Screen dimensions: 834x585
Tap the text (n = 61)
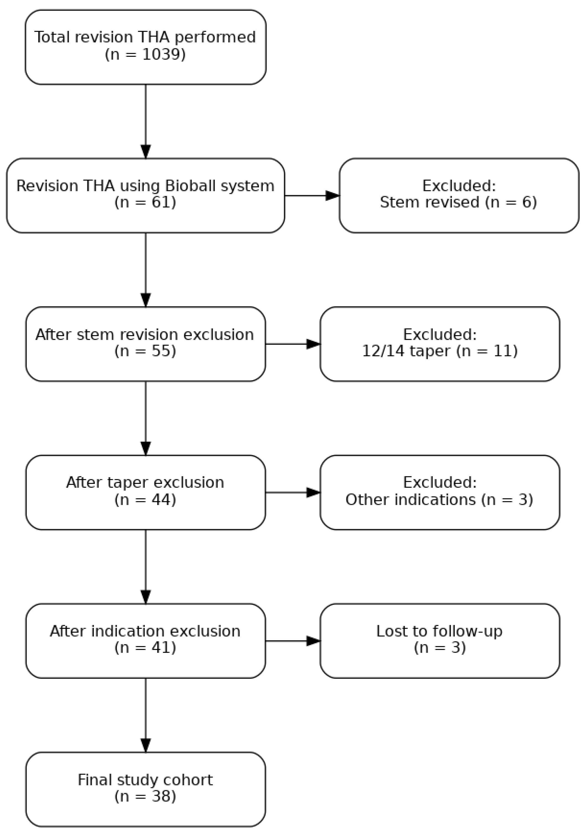tap(145, 202)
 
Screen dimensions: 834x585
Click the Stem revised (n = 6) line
tap(458, 202)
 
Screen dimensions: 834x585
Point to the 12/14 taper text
tap(406, 351)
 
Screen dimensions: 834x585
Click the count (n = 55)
tap(145, 351)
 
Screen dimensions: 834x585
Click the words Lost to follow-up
tap(439, 631)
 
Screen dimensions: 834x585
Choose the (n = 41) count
tap(145, 648)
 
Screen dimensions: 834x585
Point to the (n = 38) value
tap(145, 796)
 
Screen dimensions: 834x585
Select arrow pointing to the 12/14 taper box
tap(293, 344)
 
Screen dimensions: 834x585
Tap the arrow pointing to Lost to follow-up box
tap(293, 641)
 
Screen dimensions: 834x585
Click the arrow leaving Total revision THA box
tap(146, 120)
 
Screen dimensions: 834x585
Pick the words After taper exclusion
tap(145, 483)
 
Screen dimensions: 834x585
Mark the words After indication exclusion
tap(145, 631)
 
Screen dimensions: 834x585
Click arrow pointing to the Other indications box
tap(293, 492)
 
